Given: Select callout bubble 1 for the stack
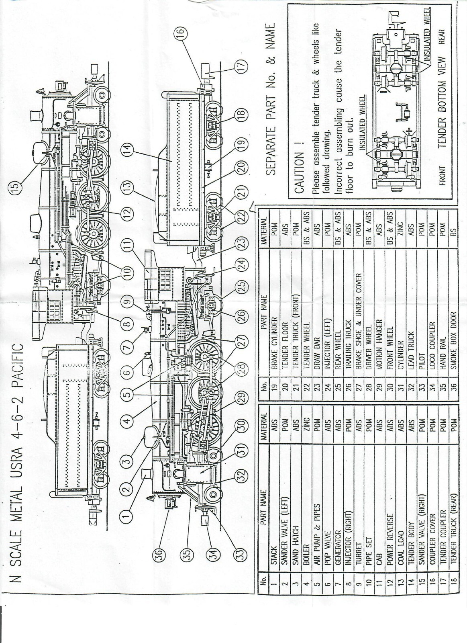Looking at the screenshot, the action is pos(127,516).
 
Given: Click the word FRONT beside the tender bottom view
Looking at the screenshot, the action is pos(442,176).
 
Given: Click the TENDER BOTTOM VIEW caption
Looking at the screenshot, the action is pos(442,103).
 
